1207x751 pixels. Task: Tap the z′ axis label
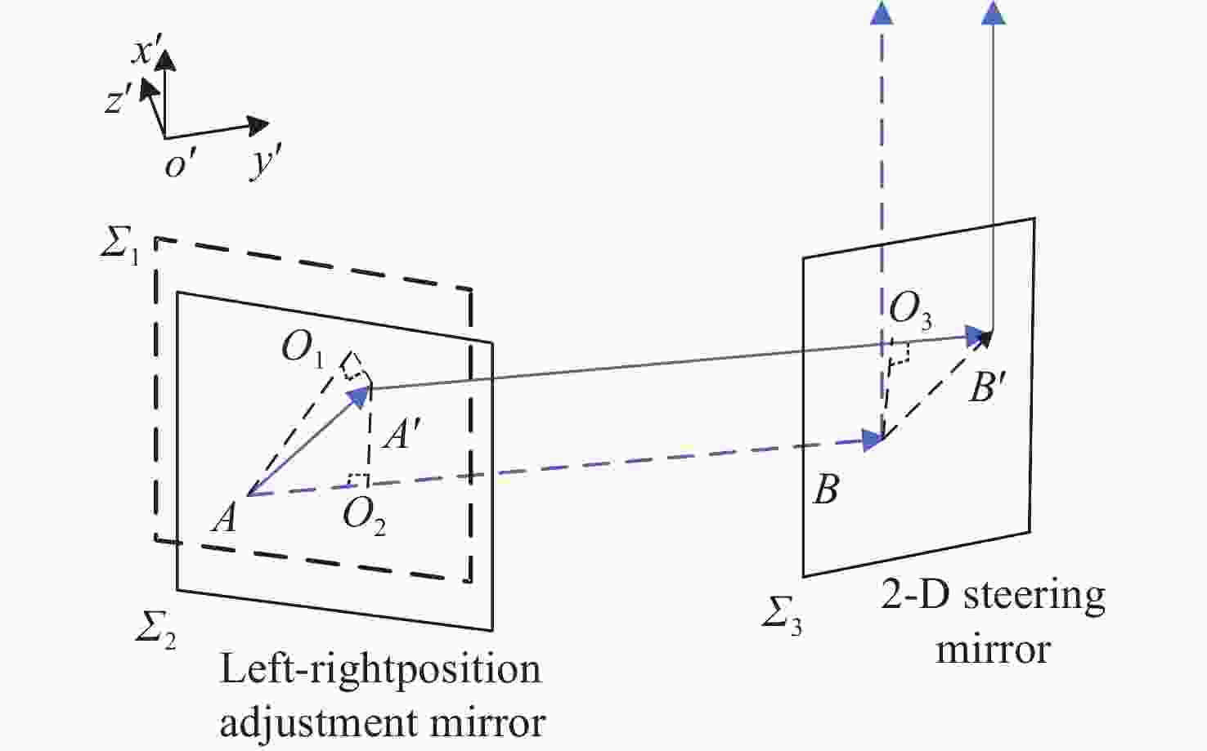point(119,101)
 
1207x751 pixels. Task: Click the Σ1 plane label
point(119,249)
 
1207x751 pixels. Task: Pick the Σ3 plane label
point(782,619)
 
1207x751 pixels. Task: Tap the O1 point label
point(303,350)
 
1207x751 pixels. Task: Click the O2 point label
point(364,516)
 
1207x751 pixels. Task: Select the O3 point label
point(910,311)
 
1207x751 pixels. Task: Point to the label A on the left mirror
point(225,519)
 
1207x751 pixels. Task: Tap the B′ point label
point(988,387)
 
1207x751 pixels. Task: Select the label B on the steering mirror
point(825,489)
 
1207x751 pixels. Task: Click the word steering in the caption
point(1034,596)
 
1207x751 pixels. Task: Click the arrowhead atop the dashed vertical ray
point(882,13)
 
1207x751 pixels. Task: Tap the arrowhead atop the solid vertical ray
point(993,13)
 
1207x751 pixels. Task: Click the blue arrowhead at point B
point(873,440)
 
